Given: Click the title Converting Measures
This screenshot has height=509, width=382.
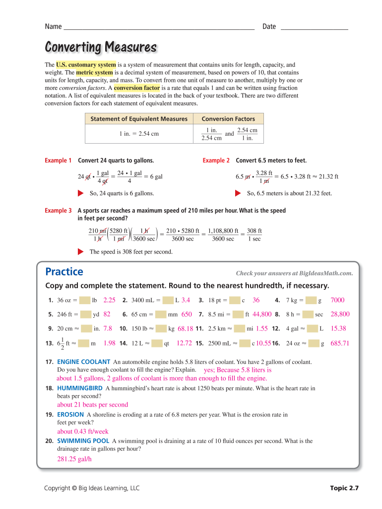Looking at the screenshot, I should point(101,47).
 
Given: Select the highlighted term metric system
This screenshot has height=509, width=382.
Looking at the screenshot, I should point(94,73).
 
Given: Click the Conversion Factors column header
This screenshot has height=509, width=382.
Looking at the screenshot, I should point(228,119).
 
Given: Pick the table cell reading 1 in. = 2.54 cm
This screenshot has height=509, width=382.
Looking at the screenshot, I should point(139,134).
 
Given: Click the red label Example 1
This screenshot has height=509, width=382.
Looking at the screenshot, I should point(58,161).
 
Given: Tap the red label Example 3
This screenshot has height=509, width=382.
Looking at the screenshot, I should point(58,211).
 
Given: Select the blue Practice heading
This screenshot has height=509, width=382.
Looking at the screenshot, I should point(64,272).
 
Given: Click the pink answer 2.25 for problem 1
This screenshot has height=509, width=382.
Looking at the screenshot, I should point(109,300).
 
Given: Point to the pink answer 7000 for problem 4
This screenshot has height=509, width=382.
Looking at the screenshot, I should point(337,300).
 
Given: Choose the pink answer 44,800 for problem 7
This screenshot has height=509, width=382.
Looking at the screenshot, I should point(262,314).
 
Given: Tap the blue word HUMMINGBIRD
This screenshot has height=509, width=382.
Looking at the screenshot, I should point(80,388).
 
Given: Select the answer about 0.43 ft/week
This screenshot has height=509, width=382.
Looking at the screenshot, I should point(82,431).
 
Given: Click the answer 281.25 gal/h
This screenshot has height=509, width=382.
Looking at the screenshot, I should point(74,459).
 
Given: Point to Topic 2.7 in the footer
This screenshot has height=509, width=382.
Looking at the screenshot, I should point(344,488).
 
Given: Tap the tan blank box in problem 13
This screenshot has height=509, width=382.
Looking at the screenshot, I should point(83,343).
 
